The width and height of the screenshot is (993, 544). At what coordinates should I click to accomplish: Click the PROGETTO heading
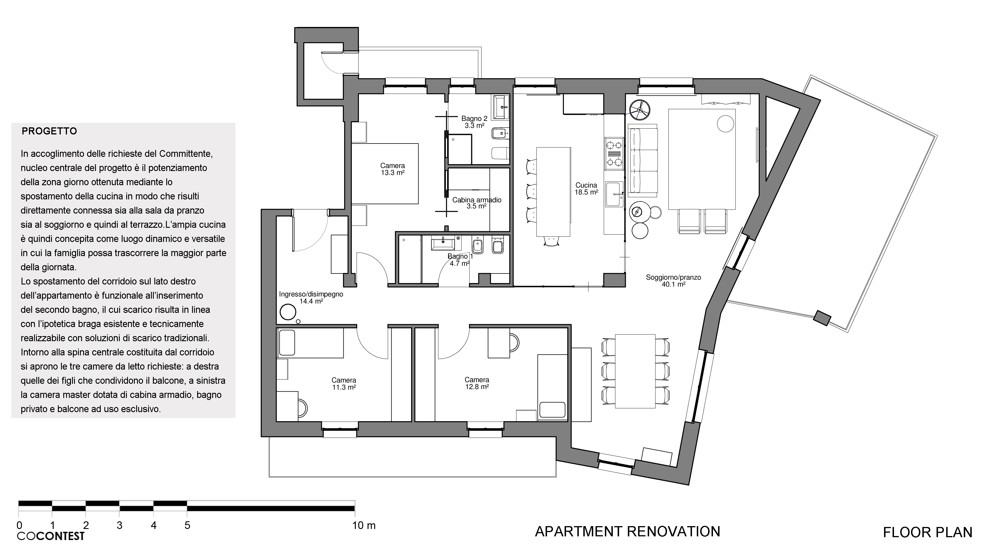point(49,131)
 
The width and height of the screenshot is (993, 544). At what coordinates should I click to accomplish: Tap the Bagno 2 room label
point(474,122)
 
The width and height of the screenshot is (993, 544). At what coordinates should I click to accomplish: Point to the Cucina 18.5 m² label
point(586,188)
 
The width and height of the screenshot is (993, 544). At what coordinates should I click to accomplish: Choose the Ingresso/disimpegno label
point(311,298)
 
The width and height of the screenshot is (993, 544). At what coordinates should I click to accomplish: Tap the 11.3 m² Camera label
point(344,384)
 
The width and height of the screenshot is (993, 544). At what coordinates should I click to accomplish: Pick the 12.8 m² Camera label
point(477,383)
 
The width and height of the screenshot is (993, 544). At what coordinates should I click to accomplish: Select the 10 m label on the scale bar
point(363,526)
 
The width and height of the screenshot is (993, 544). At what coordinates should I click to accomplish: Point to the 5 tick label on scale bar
point(187,526)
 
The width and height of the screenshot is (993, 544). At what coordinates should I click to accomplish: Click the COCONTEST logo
point(51,536)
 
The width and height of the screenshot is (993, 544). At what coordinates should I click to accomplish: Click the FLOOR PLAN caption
point(927,532)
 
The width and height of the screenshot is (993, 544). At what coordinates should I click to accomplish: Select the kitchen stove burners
point(614,154)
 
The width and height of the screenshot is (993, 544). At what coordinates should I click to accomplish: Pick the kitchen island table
point(554,191)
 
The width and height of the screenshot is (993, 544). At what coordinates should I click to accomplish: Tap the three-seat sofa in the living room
point(643,160)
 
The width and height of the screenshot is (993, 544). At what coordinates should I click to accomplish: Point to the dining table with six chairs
point(635,371)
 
